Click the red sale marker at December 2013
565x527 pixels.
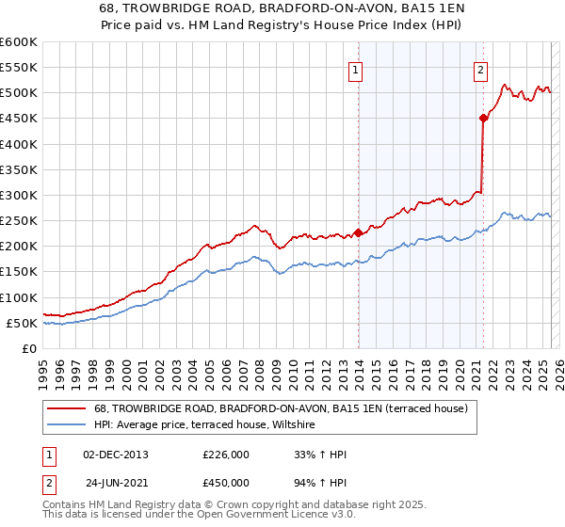point(358,232)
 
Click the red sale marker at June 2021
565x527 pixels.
point(483,118)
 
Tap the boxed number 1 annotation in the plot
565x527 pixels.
point(356,69)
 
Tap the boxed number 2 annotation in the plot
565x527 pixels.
point(480,69)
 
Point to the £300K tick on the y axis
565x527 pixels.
point(19,195)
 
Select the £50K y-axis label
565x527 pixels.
point(22,323)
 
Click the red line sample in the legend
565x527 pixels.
point(68,409)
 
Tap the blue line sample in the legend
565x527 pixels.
point(68,425)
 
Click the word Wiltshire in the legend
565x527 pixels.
point(300,425)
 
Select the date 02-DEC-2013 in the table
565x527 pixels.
point(116,455)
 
